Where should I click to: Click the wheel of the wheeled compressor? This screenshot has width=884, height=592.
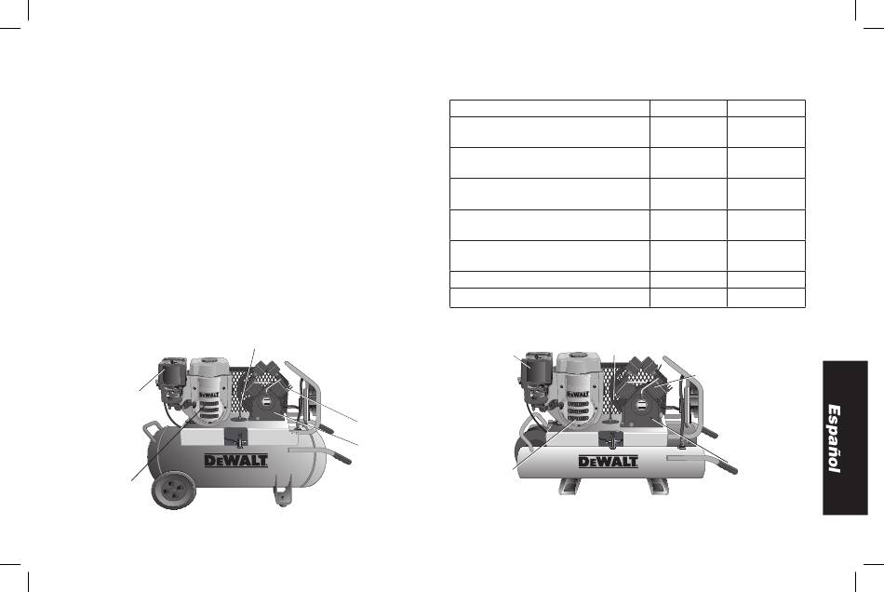pos(173,490)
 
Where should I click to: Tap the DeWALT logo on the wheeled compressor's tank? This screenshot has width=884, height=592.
pos(235,460)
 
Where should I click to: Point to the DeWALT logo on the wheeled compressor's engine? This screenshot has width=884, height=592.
pos(209,395)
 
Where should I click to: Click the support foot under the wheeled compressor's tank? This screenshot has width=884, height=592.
pos(283,496)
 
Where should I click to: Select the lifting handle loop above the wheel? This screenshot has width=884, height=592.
pos(150,430)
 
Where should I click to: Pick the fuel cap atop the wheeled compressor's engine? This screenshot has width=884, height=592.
pos(209,359)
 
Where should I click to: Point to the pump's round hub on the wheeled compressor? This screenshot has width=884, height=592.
pos(264,404)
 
